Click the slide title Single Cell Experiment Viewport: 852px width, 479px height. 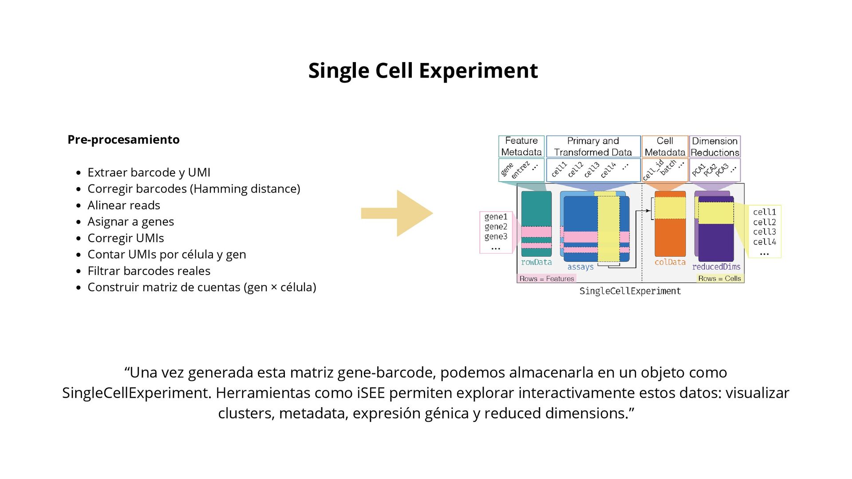pyautogui.click(x=423, y=71)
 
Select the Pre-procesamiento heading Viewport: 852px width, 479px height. pyautogui.click(x=123, y=140)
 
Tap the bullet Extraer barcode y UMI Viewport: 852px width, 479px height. pyautogui.click(x=149, y=173)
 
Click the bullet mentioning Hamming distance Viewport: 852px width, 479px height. pyautogui.click(x=193, y=189)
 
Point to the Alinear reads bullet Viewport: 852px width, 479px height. pyautogui.click(x=123, y=205)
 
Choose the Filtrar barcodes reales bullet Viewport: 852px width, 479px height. pyautogui.click(x=149, y=271)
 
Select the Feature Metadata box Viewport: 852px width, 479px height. pyautogui.click(x=521, y=146)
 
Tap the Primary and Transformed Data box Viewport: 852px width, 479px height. pyautogui.click(x=593, y=146)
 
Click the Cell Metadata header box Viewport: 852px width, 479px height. pyautogui.click(x=665, y=146)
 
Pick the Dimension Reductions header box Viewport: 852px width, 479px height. pyautogui.click(x=714, y=146)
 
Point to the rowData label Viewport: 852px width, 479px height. pyautogui.click(x=536, y=262)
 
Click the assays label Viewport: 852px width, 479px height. pyautogui.click(x=580, y=267)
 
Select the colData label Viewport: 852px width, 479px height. pyautogui.click(x=670, y=262)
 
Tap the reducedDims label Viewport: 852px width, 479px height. pyautogui.click(x=716, y=267)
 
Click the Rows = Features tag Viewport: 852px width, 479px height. pyautogui.click(x=546, y=279)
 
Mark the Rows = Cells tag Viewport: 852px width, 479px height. pyautogui.click(x=719, y=279)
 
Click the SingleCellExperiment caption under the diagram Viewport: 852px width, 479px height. pyautogui.click(x=630, y=291)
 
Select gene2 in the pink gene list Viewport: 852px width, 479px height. pyautogui.click(x=496, y=227)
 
